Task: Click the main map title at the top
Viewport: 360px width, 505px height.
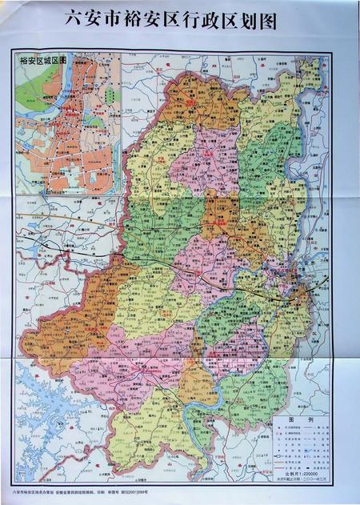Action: click(180, 22)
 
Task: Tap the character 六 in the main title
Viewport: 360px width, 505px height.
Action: click(74, 22)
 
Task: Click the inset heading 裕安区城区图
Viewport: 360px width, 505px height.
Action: click(41, 60)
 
